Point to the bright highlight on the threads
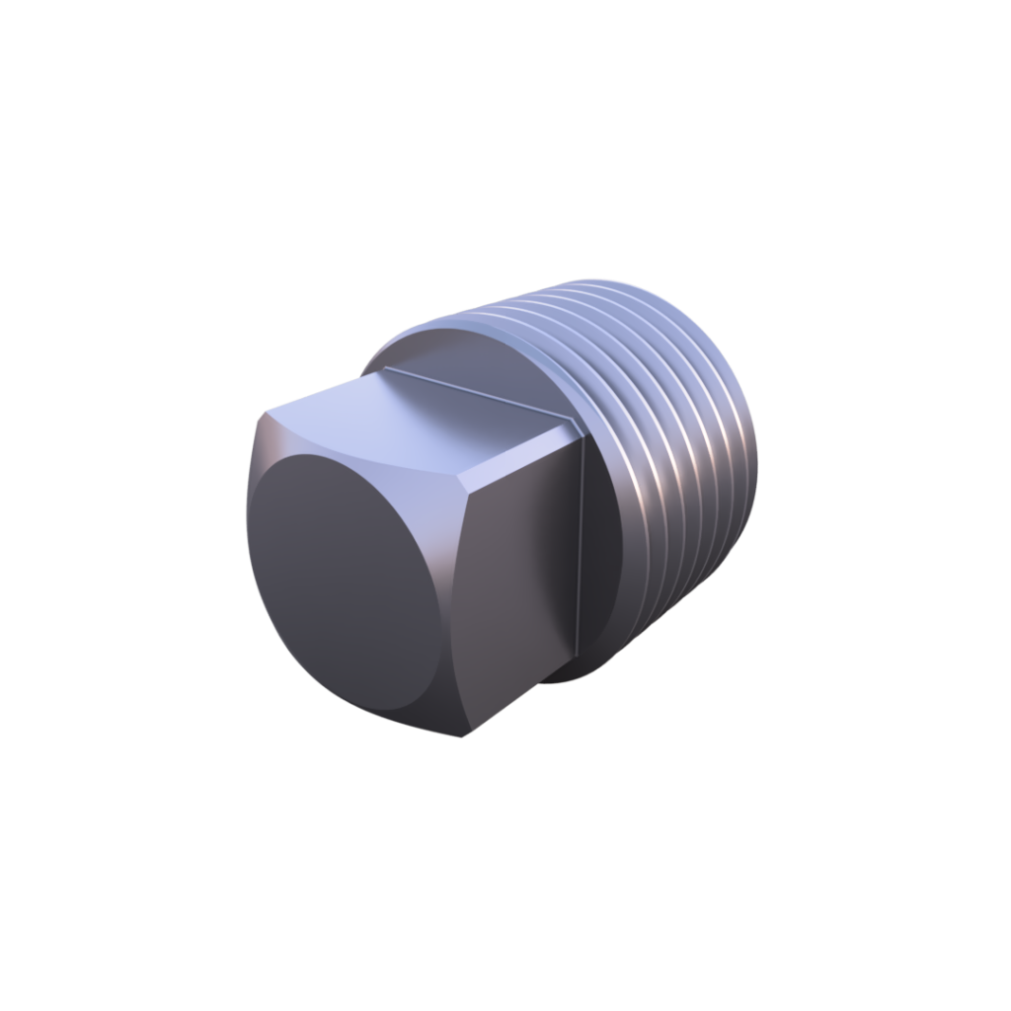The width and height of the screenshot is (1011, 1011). (642, 484)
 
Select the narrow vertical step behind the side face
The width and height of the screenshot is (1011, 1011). (583, 553)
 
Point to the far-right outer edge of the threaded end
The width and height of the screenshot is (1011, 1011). (762, 464)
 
